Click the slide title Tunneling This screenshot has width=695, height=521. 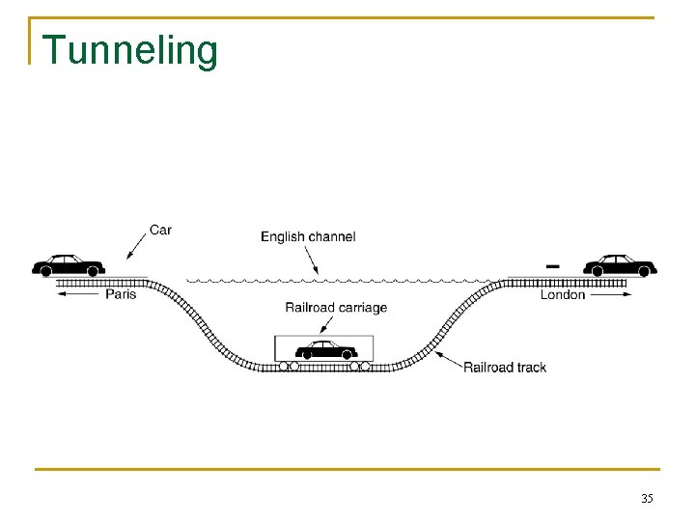[x=130, y=50]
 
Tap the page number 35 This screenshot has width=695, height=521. [x=647, y=499]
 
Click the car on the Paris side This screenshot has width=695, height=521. [x=68, y=264]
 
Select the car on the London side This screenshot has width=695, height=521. [x=620, y=264]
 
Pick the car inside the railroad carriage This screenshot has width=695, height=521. [x=326, y=349]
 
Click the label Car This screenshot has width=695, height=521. [x=160, y=231]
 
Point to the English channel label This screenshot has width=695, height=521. [x=308, y=236]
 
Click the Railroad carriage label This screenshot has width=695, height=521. [x=336, y=308]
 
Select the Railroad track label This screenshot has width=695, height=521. [x=505, y=367]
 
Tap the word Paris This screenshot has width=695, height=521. [x=121, y=294]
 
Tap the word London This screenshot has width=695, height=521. [x=563, y=294]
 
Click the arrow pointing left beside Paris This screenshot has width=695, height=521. [x=78, y=294]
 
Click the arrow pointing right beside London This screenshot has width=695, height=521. [x=611, y=294]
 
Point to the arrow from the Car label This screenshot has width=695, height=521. [x=136, y=246]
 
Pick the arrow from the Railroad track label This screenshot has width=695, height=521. [x=448, y=359]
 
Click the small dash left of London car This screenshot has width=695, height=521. [x=553, y=263]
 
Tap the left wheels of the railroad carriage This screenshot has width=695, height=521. [x=289, y=367]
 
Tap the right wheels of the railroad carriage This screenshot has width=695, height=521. [x=360, y=367]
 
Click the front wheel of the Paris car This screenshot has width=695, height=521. [x=43, y=272]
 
